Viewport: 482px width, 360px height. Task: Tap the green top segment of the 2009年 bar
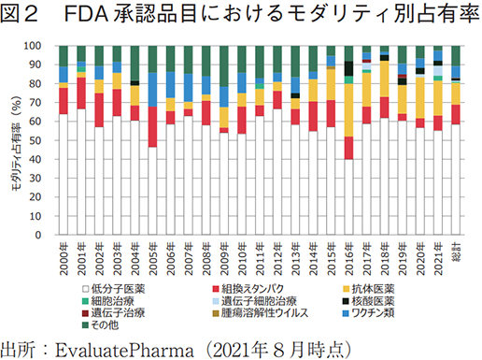pyautogui.click(x=223, y=65)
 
